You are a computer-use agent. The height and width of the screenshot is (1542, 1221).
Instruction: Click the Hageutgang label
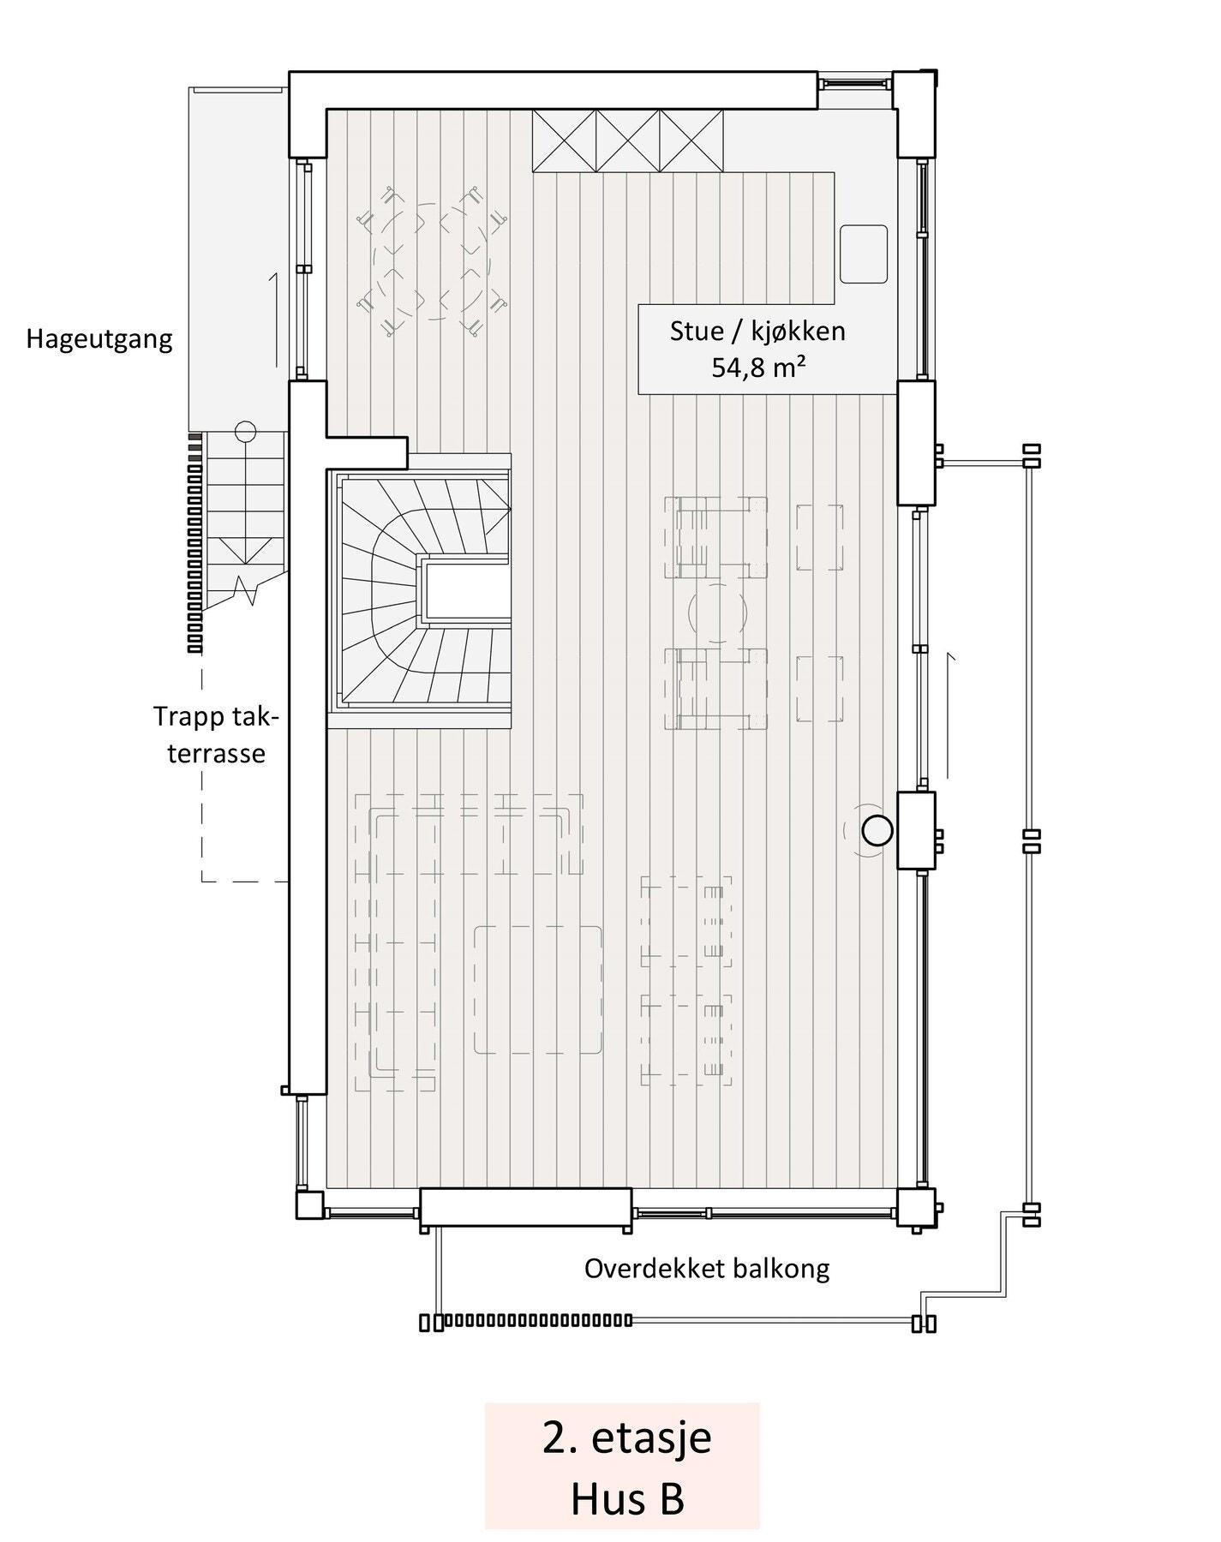click(99, 339)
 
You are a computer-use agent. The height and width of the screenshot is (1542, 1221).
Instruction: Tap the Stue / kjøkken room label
click(757, 332)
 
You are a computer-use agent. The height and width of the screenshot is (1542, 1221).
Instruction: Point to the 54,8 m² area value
click(757, 368)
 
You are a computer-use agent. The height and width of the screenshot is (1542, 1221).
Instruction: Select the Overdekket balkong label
click(707, 1269)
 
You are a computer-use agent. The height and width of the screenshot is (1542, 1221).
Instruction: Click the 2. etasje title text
click(626, 1437)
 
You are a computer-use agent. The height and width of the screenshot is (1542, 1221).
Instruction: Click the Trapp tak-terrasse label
click(216, 734)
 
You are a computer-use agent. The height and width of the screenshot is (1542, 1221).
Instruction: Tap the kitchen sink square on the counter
click(863, 254)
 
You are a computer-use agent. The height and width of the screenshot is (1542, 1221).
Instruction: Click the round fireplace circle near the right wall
click(877, 830)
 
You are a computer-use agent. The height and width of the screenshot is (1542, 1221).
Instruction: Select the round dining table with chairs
click(431, 262)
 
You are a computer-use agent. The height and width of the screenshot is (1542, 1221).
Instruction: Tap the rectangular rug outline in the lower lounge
click(538, 989)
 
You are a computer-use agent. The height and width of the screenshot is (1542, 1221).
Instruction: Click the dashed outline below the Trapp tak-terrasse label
click(202, 822)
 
